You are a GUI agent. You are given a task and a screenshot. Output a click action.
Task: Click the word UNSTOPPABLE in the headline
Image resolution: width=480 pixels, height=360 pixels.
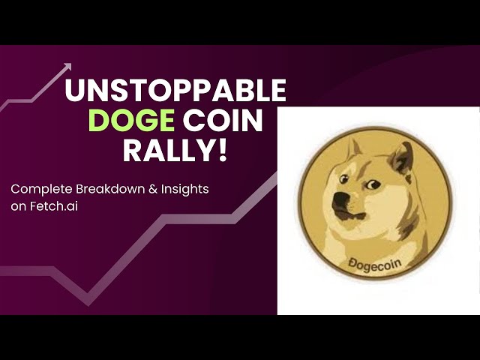point(175,90)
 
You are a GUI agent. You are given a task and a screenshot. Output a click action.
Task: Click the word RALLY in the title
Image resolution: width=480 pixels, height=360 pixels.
point(167,150)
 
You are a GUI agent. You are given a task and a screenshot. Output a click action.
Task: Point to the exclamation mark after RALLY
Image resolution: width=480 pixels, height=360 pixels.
point(222,150)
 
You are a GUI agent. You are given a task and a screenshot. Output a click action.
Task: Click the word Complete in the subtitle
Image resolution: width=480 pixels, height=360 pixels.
point(42,190)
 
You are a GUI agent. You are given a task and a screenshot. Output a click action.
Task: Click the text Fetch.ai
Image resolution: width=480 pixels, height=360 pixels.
point(54,206)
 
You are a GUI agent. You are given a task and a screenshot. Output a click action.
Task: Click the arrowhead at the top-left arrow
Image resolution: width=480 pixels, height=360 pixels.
point(67,67)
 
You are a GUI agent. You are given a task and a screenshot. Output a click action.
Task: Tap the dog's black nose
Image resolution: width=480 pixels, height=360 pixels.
point(339,199)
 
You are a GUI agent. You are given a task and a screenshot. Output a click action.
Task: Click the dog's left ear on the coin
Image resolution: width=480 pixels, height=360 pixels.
point(355,150)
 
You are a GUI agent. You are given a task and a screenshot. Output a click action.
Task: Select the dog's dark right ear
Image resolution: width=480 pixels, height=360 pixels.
point(403,158)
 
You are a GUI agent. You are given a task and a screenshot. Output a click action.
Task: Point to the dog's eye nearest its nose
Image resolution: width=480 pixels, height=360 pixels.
point(344,178)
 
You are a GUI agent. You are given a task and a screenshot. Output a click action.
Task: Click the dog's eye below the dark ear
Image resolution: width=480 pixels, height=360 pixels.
point(373,184)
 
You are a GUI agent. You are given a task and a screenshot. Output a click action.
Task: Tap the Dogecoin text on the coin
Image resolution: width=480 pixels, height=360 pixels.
point(375,265)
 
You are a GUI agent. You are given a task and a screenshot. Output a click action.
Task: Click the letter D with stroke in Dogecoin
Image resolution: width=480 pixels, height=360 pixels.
point(352,263)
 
